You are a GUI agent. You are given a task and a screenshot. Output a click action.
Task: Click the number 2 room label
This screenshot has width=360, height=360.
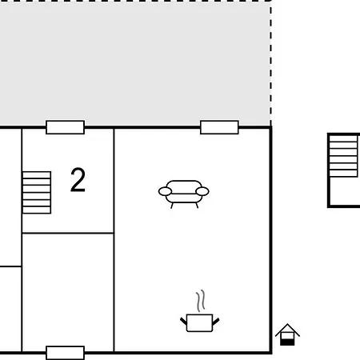pos(78,180)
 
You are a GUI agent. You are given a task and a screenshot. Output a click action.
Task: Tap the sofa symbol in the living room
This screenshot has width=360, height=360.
pos(184,194)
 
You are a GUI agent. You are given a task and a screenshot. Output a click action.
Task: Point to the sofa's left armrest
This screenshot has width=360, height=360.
pos(165,191)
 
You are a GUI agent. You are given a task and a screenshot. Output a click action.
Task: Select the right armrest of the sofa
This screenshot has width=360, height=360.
pos(202,191)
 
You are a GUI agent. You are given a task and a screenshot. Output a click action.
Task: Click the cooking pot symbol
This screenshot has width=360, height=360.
pos(200,323)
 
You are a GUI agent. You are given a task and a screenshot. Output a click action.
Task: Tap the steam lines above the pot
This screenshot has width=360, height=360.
pos(201,301)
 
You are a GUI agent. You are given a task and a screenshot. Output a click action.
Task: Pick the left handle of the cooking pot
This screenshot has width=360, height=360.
pos(184,321)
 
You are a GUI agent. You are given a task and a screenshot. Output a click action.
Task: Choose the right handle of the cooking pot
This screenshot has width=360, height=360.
pos(216,321)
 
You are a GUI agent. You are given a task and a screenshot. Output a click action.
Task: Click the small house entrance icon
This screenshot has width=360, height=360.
pos(287,334)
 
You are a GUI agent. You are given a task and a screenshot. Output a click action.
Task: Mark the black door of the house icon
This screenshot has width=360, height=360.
pos(287,342)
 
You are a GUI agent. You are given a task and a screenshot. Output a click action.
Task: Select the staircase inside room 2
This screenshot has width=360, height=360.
pos(37,193)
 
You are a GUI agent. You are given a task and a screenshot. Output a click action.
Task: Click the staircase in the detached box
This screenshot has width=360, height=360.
pos(343,156)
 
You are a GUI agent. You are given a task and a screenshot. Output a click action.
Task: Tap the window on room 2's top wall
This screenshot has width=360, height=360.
pos(66,127)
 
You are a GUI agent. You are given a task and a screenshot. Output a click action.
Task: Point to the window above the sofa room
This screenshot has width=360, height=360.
pos(219,127)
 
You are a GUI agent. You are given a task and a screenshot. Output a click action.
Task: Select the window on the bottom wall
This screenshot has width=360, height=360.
pos(66,353)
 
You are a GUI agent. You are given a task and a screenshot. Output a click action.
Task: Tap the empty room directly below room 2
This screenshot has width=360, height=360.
pos(68,292)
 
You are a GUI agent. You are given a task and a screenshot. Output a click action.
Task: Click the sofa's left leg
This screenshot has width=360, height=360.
pos(172,206)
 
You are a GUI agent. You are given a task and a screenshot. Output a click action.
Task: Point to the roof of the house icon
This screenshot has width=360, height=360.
pos(287,329)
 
